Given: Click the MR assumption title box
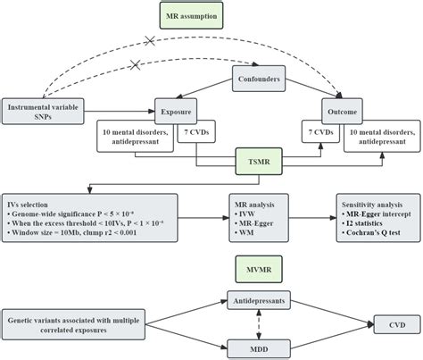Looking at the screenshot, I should point(211,15).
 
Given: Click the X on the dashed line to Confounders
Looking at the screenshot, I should point(137,65).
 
